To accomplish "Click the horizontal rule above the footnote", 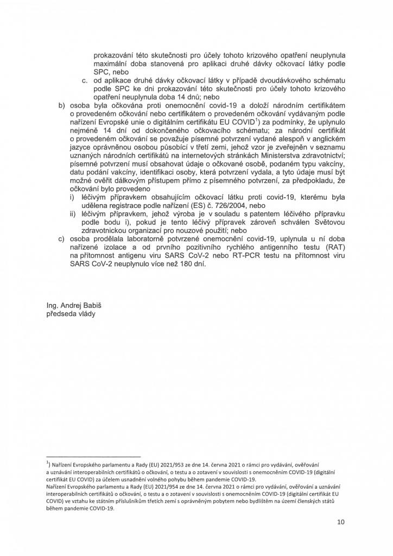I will (x=93, y=456).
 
